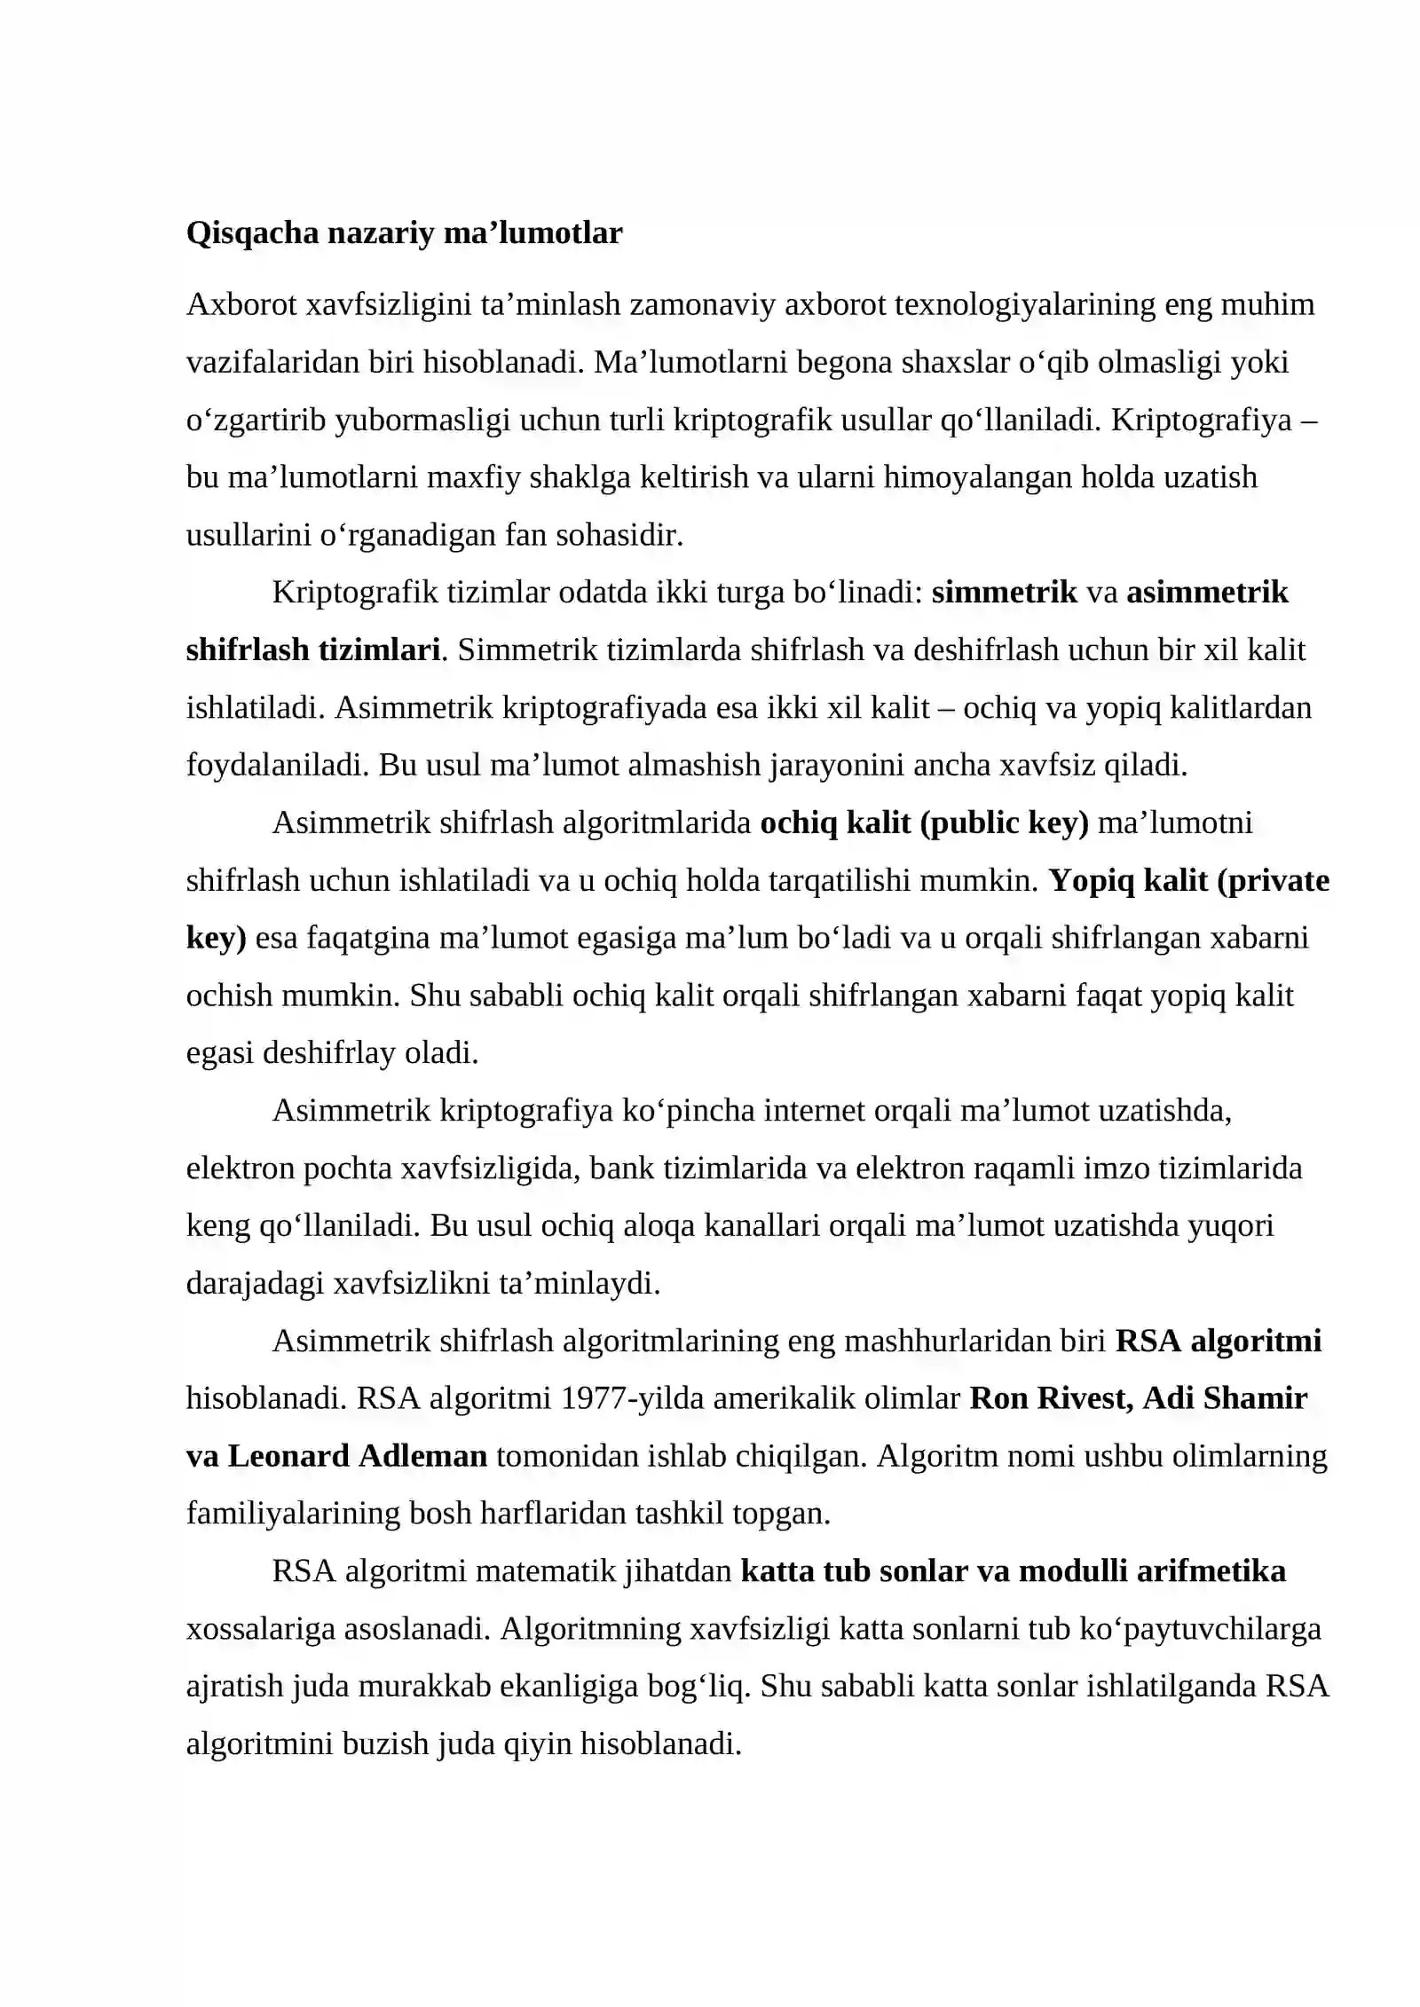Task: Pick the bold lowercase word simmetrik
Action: pos(1004,592)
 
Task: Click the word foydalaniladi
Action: pos(277,765)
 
